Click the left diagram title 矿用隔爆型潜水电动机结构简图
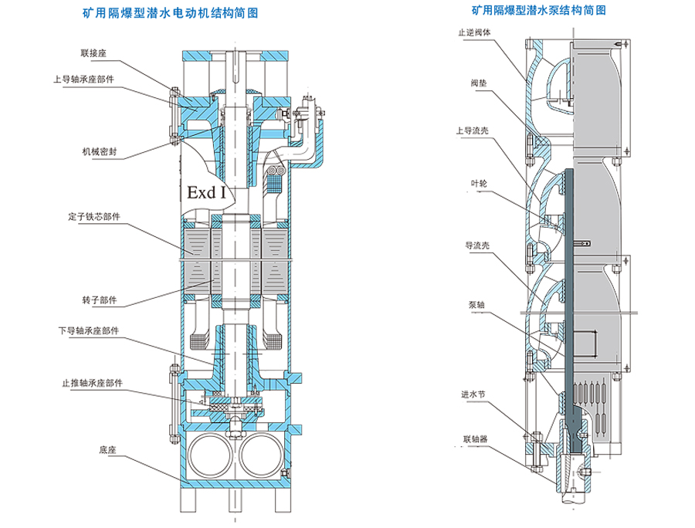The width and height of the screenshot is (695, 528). pos(169,14)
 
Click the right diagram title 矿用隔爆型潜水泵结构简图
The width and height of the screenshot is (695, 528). pos(538,12)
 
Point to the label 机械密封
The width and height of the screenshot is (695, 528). pos(97,151)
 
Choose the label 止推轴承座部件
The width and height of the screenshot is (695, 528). pos(92,383)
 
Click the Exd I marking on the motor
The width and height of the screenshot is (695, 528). pos(205,191)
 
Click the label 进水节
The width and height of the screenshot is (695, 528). pos(473,394)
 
